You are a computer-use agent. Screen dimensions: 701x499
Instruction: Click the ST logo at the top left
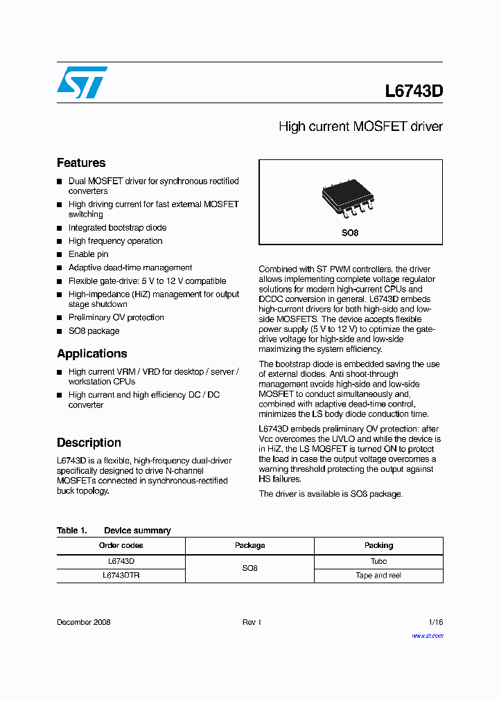coord(82,82)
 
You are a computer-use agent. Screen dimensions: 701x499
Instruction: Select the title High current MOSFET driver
coord(360,127)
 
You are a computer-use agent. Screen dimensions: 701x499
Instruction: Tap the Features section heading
coord(81,163)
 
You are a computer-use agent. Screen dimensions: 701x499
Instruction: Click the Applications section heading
coord(91,353)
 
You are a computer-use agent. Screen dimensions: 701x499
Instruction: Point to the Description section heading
coord(89,443)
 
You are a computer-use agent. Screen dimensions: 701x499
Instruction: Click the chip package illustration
coord(347,196)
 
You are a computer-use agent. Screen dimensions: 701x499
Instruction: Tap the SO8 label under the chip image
coord(350,233)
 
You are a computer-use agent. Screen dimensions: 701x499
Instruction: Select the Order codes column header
coord(121,545)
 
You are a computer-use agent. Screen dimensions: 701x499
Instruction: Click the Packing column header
coord(378,545)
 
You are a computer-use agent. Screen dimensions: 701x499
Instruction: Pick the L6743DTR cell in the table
coord(121,575)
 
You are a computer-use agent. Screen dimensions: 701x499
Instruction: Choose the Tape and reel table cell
coord(378,575)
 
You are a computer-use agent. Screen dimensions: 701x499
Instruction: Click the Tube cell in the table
coord(378,561)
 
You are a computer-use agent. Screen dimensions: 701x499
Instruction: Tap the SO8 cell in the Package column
coord(249,568)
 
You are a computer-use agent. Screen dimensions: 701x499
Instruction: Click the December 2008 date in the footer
coord(83,622)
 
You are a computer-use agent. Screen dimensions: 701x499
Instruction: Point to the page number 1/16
coord(435,622)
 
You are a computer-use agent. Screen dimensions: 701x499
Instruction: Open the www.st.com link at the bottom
coord(428,635)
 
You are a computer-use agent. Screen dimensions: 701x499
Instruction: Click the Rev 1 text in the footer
coord(251,622)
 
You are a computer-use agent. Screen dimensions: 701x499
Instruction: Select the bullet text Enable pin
coord(88,254)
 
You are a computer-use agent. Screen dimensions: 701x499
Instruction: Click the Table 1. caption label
coord(71,531)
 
